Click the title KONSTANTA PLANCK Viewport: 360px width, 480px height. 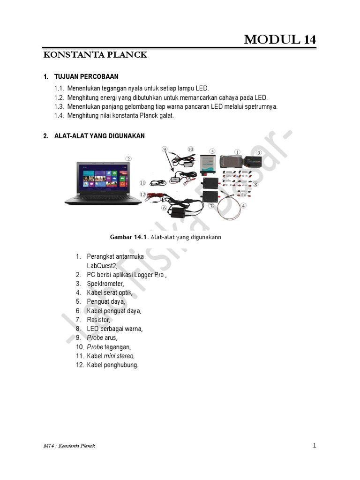pos(95,55)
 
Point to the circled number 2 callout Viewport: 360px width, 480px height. pos(128,158)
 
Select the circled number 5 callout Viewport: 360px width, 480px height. pos(212,151)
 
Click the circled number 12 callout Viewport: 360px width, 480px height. pos(142,194)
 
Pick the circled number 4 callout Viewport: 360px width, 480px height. pos(244,205)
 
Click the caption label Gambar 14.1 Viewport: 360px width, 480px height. pos(128,237)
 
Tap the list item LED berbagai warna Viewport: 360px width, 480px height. pos(114,329)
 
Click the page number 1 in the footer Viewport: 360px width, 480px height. pos(315,445)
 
